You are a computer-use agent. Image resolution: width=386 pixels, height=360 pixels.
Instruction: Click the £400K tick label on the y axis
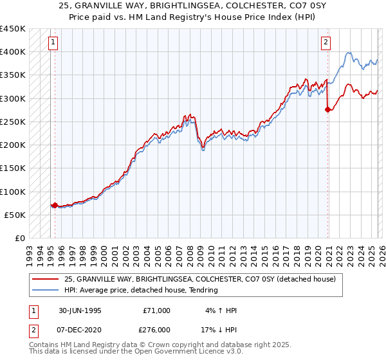[13, 51]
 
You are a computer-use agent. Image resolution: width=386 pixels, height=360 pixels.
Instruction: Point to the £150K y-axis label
[13, 168]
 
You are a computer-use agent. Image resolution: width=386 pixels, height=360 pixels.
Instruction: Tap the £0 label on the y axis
[19, 238]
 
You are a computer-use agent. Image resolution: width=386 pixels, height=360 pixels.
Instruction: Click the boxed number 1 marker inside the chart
[52, 43]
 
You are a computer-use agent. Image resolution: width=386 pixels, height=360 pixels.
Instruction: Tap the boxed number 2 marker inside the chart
[326, 43]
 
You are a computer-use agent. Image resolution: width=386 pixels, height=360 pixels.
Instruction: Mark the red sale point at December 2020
[328, 110]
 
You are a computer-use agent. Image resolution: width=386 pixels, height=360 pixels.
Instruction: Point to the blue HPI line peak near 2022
[348, 53]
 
